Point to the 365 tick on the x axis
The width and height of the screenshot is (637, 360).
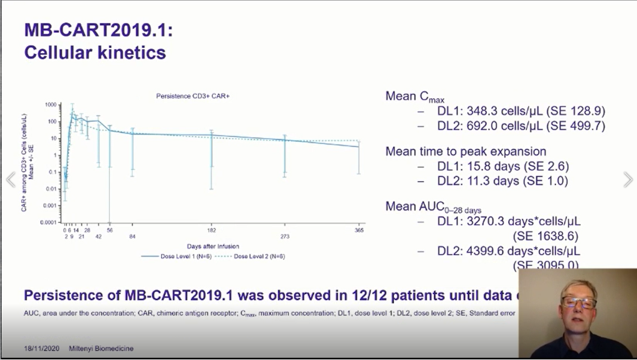(359, 230)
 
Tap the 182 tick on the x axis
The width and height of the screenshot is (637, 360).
(212, 230)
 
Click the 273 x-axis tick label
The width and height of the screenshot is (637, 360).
(285, 236)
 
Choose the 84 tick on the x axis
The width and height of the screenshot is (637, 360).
(133, 236)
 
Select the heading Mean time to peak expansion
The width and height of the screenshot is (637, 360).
(465, 152)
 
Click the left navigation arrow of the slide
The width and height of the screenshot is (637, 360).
(10, 180)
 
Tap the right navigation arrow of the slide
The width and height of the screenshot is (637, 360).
(627, 179)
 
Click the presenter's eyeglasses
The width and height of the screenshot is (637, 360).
(578, 302)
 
